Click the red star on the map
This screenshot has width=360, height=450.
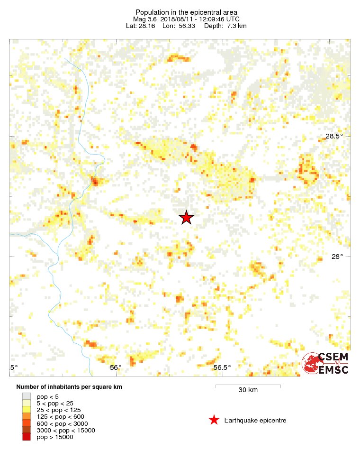click(187, 217)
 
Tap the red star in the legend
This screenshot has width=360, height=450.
click(214, 420)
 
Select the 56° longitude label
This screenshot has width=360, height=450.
click(116, 367)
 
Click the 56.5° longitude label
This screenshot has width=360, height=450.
click(222, 367)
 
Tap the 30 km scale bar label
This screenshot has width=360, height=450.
click(248, 390)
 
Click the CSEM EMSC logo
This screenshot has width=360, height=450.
click(326, 363)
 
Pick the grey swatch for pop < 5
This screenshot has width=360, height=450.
click(26, 396)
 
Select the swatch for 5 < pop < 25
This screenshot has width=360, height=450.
click(26, 403)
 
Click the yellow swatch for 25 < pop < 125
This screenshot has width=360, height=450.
click(26, 410)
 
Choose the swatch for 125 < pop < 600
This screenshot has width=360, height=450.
click(26, 417)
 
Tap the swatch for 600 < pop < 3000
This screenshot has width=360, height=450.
click(26, 423)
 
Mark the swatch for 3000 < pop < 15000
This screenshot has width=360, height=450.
click(26, 430)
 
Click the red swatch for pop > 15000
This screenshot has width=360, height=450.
click(26, 437)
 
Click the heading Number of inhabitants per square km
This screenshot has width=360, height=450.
click(69, 387)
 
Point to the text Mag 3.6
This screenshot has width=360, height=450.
click(145, 19)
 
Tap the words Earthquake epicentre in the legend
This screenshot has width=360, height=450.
click(255, 421)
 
